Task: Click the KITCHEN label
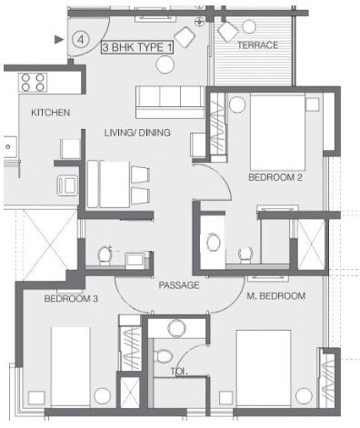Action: point(51,113)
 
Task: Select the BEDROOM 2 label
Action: point(275,177)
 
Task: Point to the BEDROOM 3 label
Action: point(71,298)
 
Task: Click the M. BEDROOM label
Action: point(275,296)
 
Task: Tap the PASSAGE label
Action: point(179,285)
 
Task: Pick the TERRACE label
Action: point(257,45)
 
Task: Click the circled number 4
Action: point(81,40)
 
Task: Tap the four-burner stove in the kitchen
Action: point(34,83)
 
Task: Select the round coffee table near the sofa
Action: point(165,65)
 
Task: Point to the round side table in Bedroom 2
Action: point(237,105)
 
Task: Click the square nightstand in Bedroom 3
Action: point(36,398)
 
